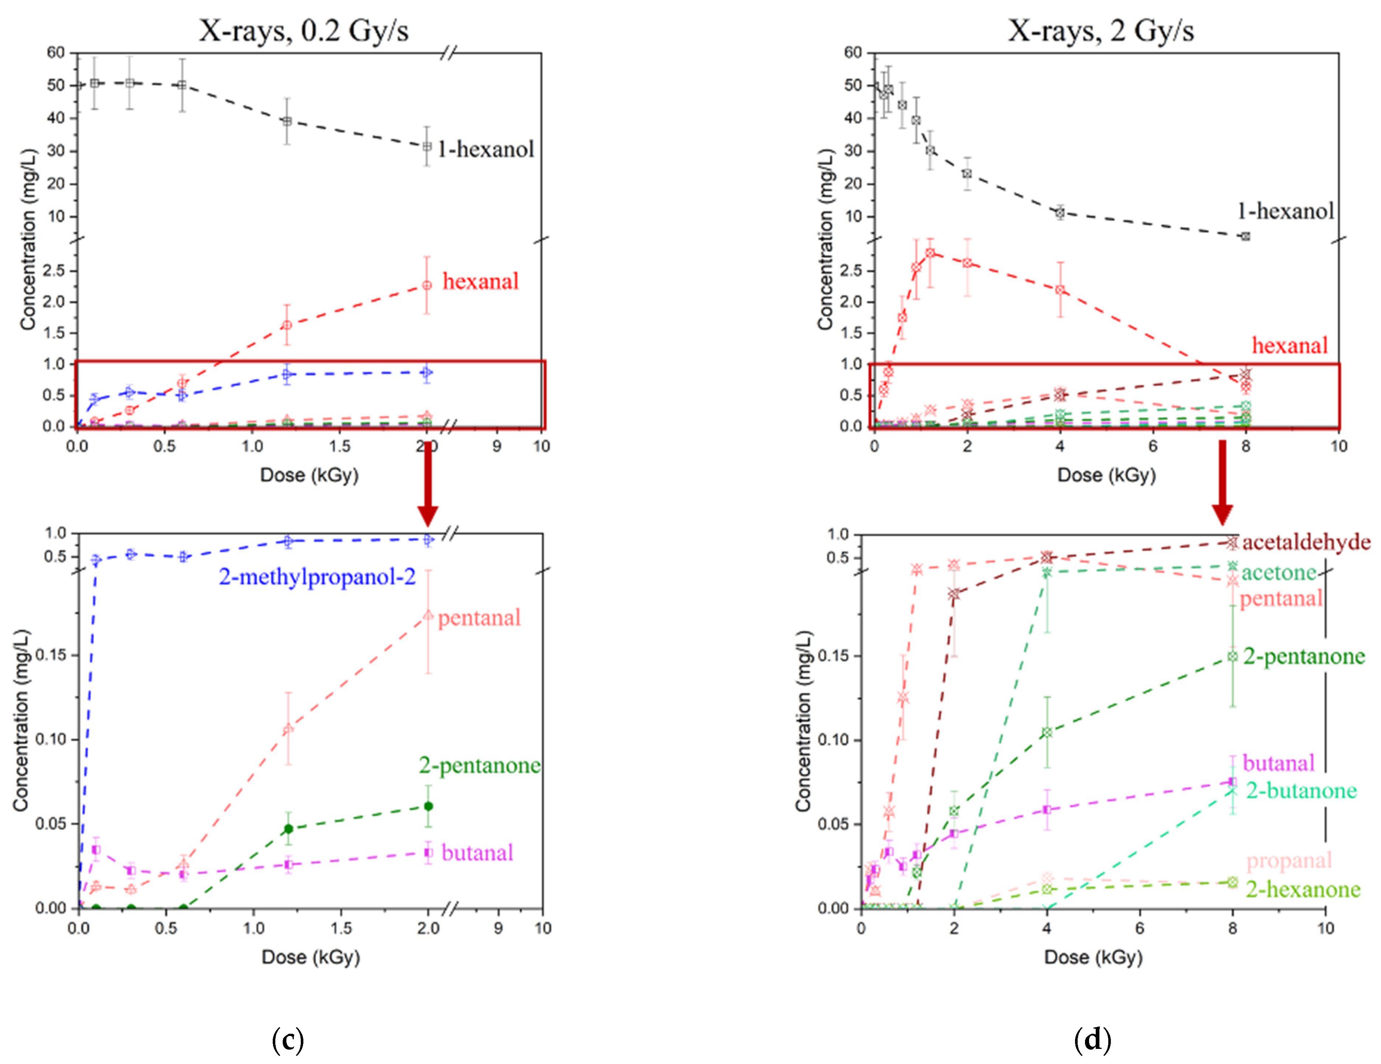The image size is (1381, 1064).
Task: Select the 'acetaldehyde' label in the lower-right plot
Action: pos(1306,542)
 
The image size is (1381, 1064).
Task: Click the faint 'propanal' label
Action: pos(1289,860)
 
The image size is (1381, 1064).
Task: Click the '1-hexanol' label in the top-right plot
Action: pos(1285,211)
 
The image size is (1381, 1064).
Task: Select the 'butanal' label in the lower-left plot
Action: pos(477,853)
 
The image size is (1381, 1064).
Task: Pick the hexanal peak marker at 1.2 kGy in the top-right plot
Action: pos(930,253)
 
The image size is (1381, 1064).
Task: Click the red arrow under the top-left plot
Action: pos(428,484)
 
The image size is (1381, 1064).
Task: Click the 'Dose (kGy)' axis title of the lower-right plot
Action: pos(1093,957)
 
